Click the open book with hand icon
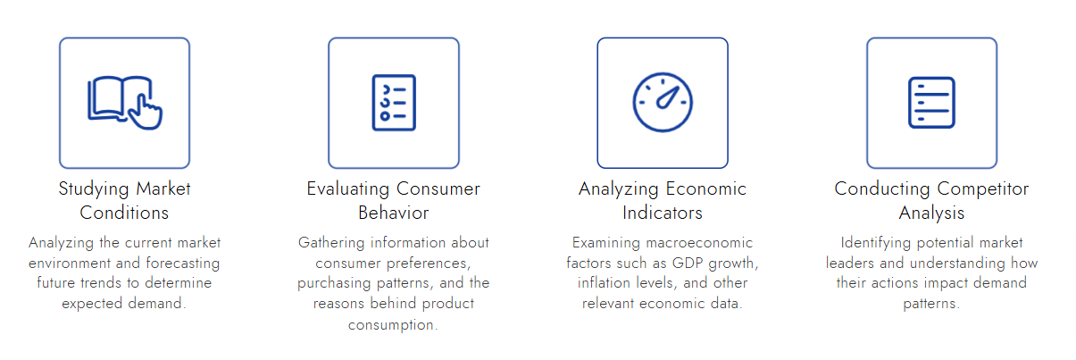point(124,102)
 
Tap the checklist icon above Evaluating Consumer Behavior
point(394,102)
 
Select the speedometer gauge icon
point(663,102)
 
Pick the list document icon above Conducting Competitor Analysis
point(931,102)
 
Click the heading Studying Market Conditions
point(124,201)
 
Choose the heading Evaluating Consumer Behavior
point(394,201)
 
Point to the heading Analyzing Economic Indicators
point(663,201)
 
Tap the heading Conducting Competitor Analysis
point(931,201)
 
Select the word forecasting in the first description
point(184,263)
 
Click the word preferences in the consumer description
point(425,263)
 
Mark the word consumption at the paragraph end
point(394,323)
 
